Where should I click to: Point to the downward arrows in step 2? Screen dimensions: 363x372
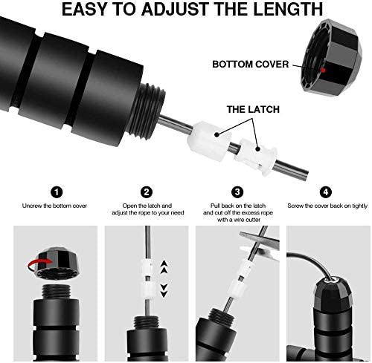click(x=164, y=292)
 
